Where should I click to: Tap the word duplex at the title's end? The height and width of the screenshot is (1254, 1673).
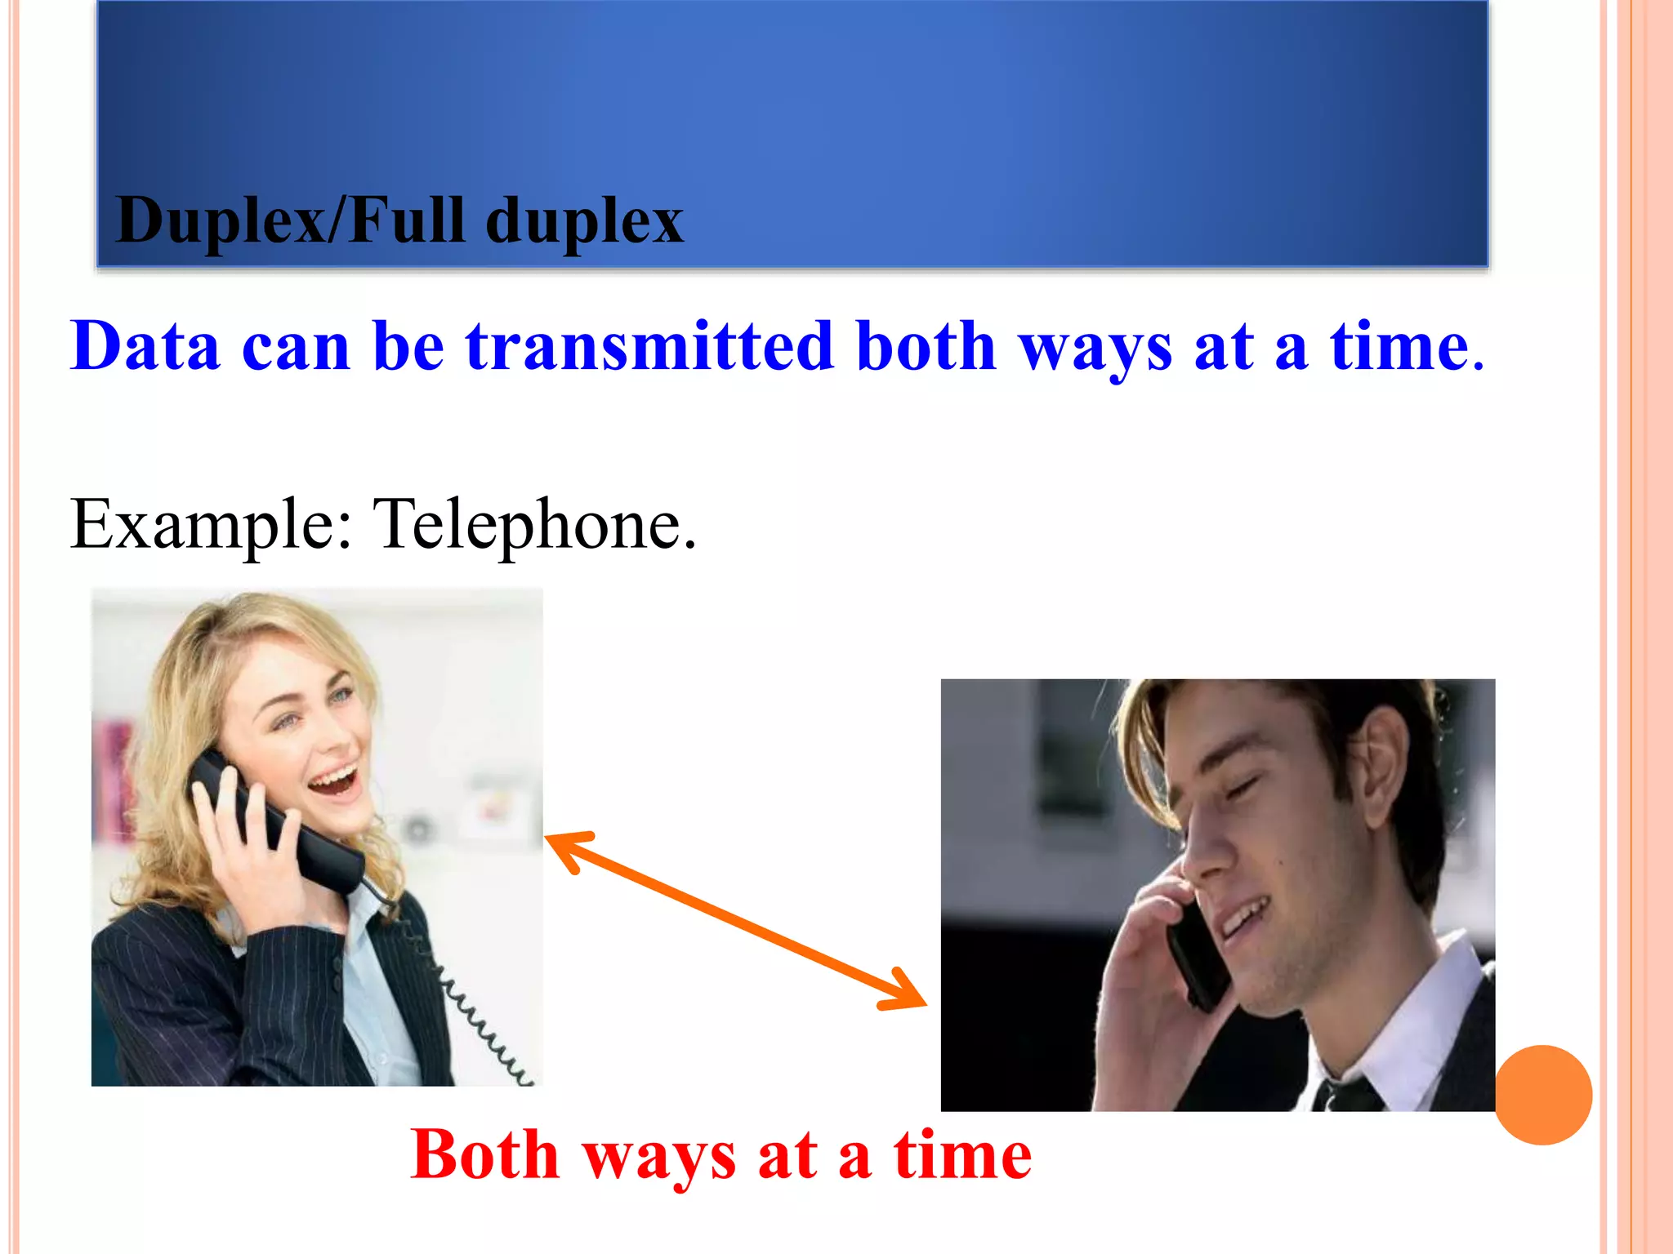pos(584,222)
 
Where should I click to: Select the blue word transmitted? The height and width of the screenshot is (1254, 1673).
pos(649,346)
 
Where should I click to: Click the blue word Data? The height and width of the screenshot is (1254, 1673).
pos(145,346)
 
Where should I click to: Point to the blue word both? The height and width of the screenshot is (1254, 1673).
pos(926,346)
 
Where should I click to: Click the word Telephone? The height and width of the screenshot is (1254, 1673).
pos(533,524)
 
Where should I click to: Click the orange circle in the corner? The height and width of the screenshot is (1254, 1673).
pos(1543,1095)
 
